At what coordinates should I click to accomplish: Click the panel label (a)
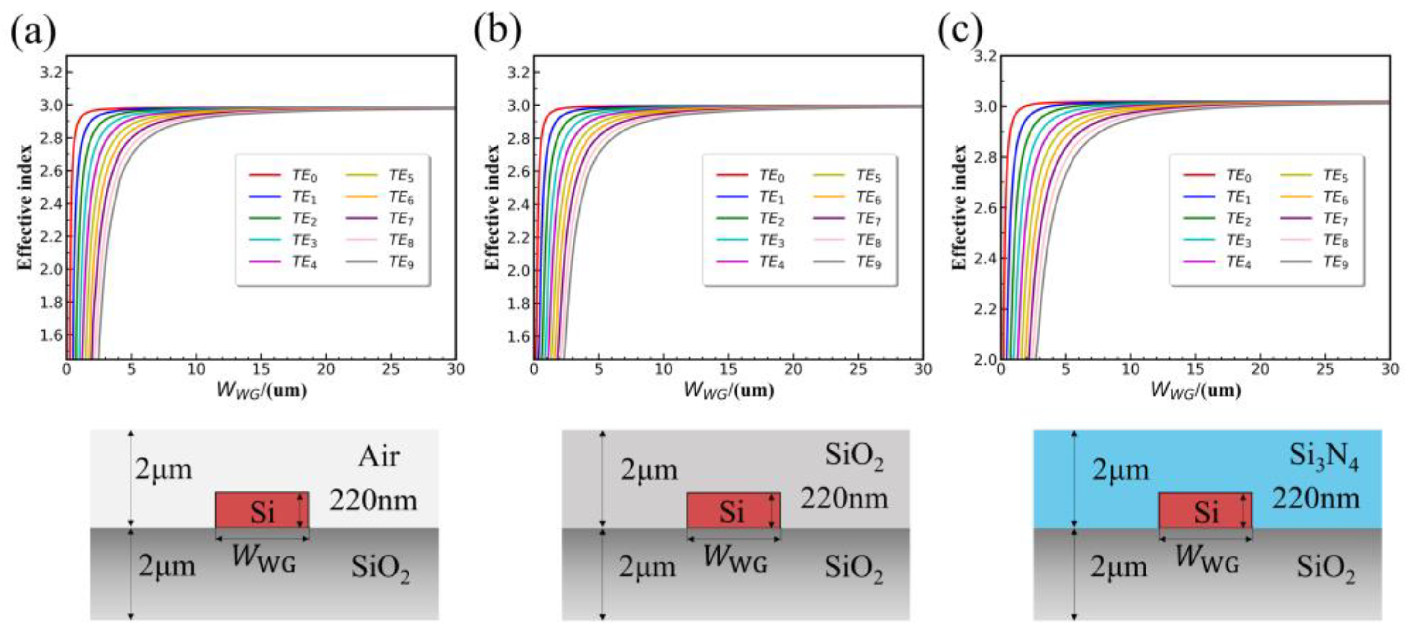click(x=33, y=32)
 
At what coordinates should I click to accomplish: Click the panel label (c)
click(x=960, y=32)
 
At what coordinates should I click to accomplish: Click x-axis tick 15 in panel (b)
click(x=729, y=369)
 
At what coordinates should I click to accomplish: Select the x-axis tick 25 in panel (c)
click(x=1325, y=369)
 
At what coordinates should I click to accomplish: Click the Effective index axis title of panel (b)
click(x=492, y=208)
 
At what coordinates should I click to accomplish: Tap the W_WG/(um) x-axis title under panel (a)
click(x=261, y=390)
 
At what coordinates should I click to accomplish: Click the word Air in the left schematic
click(x=379, y=457)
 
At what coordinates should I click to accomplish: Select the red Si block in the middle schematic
click(x=732, y=511)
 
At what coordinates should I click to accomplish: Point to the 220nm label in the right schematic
click(x=1315, y=499)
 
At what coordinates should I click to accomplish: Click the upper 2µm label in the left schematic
click(x=164, y=470)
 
